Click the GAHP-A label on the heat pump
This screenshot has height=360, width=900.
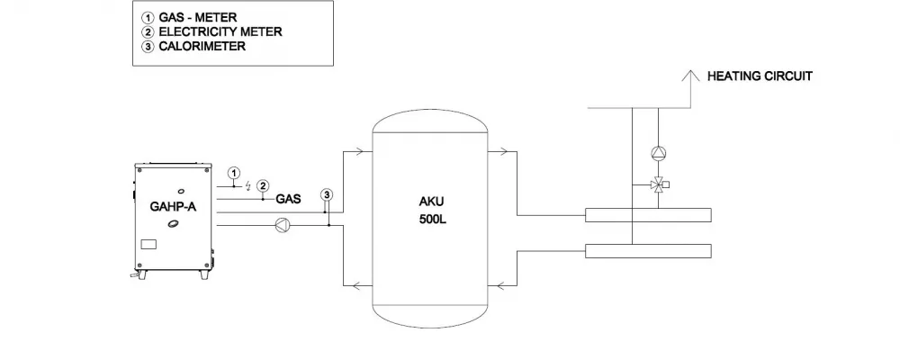click(x=173, y=207)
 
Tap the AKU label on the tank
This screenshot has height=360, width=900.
click(x=431, y=202)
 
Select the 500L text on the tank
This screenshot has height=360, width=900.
click(x=432, y=220)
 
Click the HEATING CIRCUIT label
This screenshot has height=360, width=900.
click(x=760, y=76)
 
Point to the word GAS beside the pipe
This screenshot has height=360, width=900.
click(x=289, y=199)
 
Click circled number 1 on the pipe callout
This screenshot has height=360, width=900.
click(x=234, y=172)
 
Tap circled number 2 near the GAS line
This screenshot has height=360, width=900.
click(x=262, y=185)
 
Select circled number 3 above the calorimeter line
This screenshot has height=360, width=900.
click(x=326, y=195)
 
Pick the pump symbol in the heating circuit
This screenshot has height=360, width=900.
click(x=658, y=153)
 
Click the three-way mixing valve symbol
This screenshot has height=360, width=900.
click(x=659, y=184)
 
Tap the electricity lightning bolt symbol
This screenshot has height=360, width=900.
click(x=248, y=185)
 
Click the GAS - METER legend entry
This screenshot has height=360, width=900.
click(x=189, y=18)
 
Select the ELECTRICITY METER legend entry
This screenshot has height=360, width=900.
click(x=211, y=32)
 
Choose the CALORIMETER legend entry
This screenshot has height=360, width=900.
click(x=193, y=47)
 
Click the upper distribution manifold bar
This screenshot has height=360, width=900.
click(x=648, y=215)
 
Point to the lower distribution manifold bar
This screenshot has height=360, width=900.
click(x=648, y=251)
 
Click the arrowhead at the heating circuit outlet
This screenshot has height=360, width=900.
click(x=690, y=76)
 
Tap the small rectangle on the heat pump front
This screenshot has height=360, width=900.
click(x=148, y=243)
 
